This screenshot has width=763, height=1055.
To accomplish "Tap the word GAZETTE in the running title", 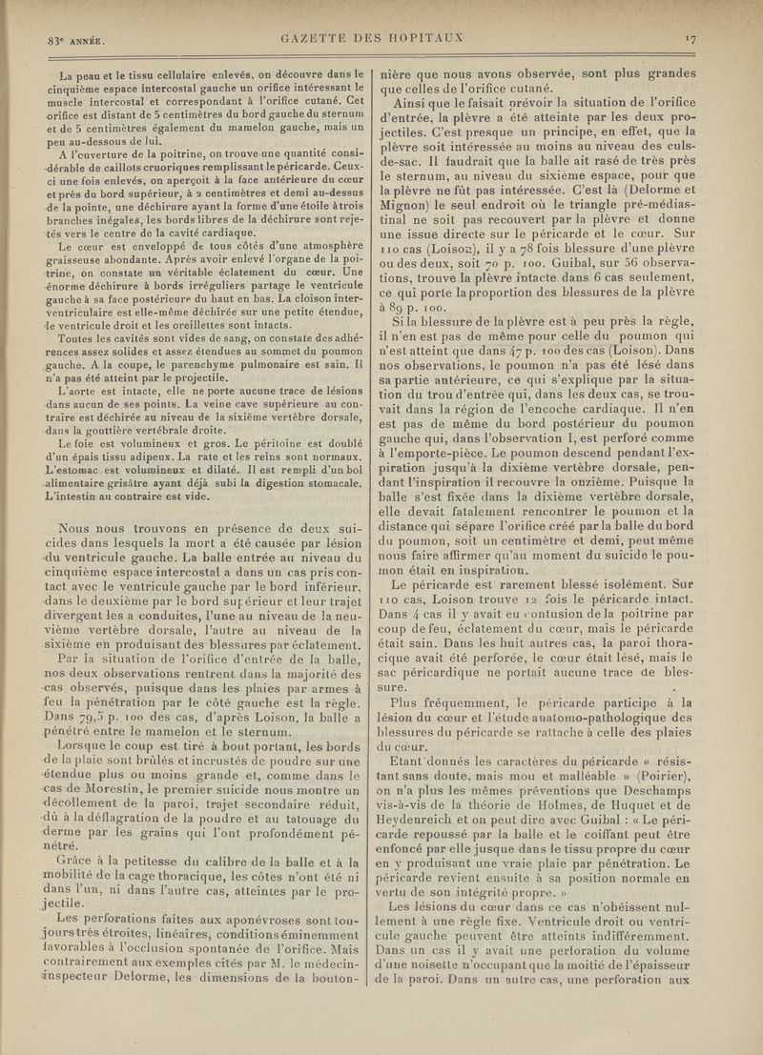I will pos(317,38).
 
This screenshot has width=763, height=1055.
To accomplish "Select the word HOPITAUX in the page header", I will pos(423,38).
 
